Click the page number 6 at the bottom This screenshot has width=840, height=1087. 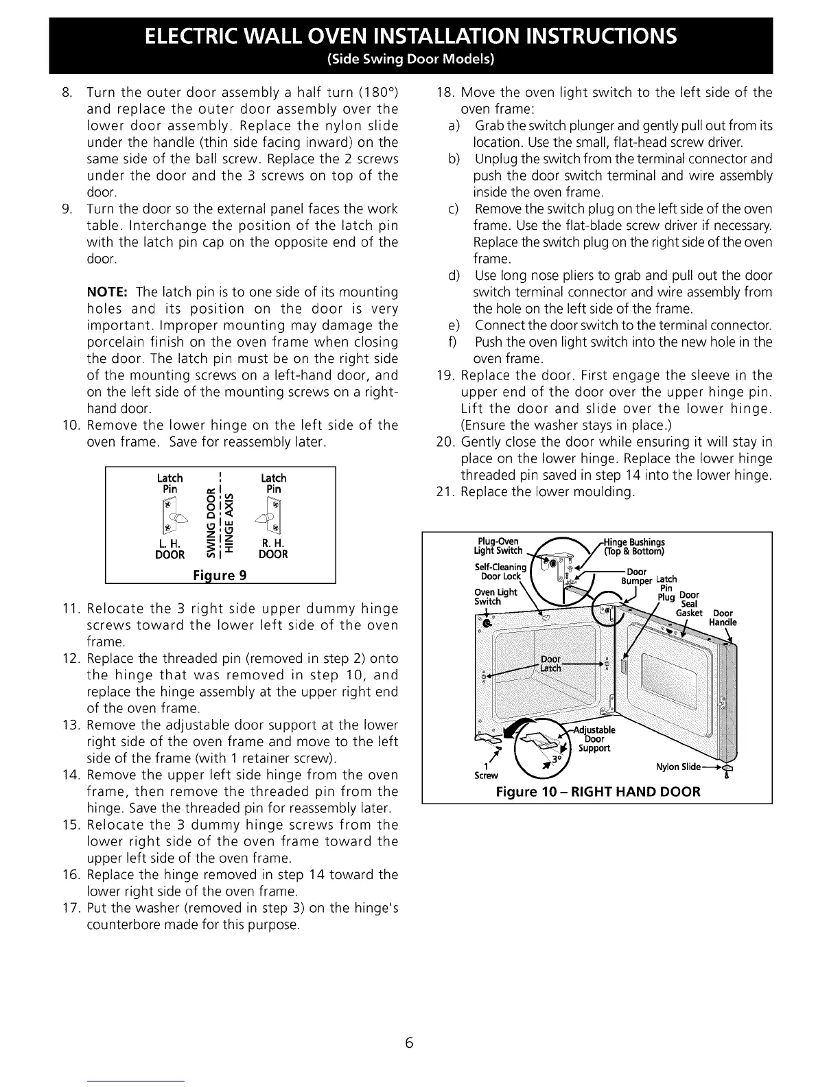point(409,1043)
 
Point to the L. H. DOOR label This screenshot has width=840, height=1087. point(170,549)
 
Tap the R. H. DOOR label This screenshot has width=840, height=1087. point(273,549)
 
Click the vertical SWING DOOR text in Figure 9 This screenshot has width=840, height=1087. point(212,522)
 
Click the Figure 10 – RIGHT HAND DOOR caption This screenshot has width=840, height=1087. point(598,792)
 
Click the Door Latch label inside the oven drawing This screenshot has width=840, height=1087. point(551,664)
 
